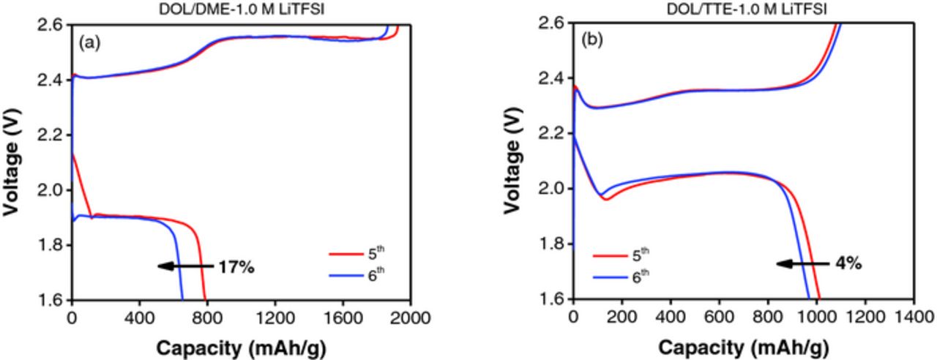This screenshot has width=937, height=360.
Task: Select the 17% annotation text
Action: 236,267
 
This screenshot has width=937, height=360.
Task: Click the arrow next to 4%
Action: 802,263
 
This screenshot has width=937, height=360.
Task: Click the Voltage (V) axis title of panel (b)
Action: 513,161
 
